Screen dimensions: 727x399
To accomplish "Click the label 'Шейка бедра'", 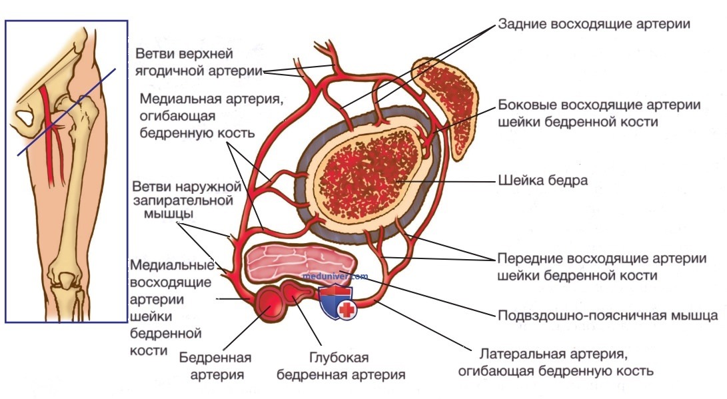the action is pos(542,181).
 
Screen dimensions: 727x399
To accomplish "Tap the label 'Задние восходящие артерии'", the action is pos(594,24).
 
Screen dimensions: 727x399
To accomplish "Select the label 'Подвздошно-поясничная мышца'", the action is pos(608,316).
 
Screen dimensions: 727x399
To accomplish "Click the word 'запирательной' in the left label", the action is pos(183,200).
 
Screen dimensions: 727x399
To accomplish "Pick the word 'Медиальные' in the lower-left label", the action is pos(173,265).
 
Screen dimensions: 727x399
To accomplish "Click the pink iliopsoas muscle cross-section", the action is pos(301,262).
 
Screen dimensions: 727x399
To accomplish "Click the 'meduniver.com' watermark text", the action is pos(335,276).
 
